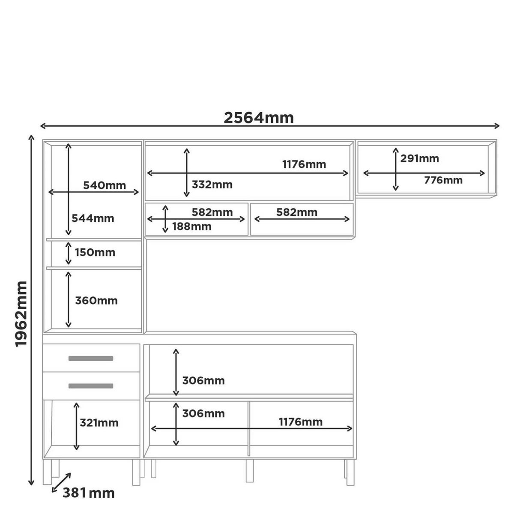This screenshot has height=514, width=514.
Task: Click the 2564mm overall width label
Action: [258, 118]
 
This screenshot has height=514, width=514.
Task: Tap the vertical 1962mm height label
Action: [21, 314]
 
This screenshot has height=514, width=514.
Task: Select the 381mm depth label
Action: [88, 493]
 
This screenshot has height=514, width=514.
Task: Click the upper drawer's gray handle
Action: [91, 358]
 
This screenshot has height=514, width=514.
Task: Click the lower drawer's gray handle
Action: [91, 385]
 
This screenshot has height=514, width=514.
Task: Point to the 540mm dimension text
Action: [104, 185]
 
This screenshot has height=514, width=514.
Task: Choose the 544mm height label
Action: [93, 218]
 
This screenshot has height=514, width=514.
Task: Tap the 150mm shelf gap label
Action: [95, 252]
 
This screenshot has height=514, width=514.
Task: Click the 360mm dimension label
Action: [96, 301]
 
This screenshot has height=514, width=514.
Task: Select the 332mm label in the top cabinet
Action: [212, 184]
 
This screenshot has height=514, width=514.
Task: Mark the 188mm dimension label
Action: [191, 227]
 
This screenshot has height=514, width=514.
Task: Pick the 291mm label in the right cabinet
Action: [420, 158]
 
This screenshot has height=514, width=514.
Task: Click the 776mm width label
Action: [443, 180]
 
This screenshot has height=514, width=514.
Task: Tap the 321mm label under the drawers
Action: [99, 422]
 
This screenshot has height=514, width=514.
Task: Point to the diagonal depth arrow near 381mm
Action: [61, 482]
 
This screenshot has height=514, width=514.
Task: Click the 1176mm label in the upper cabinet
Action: [304, 164]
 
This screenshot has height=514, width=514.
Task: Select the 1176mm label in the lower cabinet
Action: [301, 422]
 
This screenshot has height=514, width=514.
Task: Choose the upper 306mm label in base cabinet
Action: [203, 380]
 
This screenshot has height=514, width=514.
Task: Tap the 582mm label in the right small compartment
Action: [296, 212]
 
